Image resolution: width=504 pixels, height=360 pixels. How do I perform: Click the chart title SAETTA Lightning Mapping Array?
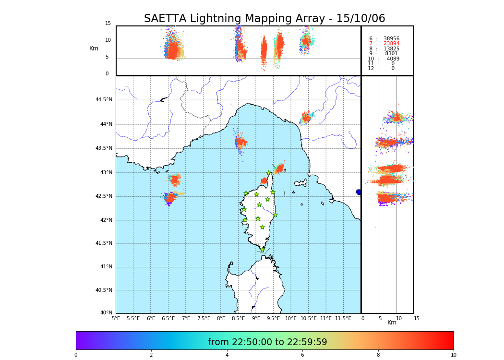click(264, 19)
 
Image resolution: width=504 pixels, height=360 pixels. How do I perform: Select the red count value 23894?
click(391, 44)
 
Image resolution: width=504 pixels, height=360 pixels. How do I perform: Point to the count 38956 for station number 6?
click(391, 38)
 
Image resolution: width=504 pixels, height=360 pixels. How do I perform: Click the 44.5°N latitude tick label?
click(103, 100)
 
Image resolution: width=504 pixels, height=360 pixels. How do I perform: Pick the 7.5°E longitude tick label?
click(204, 318)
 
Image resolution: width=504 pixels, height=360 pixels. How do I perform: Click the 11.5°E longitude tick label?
click(343, 318)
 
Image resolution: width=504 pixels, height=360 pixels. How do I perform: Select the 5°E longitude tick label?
click(116, 318)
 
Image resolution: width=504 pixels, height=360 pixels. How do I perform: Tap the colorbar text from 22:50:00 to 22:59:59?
click(267, 342)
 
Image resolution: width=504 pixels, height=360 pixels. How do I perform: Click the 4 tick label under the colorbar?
click(227, 355)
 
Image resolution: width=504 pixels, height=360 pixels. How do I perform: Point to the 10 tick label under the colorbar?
click(453, 355)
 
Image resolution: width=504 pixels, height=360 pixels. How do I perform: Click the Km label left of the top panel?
click(94, 48)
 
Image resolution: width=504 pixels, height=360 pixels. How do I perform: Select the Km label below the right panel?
click(392, 323)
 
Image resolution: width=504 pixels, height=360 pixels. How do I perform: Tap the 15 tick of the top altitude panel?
click(108, 24)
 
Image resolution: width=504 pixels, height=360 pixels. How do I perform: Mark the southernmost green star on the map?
click(262, 250)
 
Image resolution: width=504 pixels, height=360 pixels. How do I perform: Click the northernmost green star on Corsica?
click(269, 173)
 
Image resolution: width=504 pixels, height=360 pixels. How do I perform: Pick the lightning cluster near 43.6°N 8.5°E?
click(240, 142)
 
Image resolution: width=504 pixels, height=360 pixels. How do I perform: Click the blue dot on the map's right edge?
click(359, 192)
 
